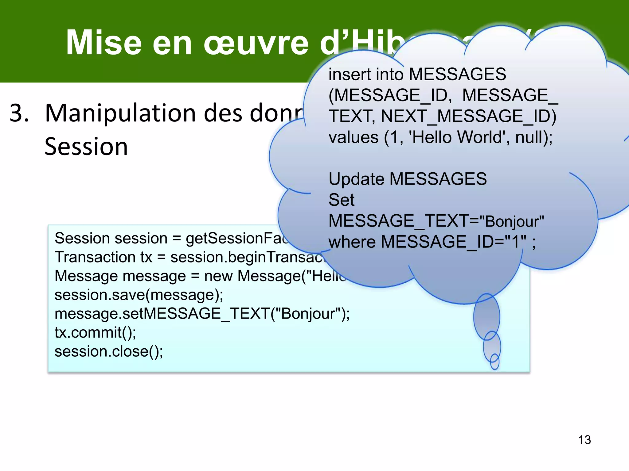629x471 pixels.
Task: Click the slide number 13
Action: (584, 440)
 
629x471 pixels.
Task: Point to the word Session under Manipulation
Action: (86, 147)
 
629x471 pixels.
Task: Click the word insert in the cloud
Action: (349, 75)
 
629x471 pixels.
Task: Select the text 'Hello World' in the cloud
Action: (456, 137)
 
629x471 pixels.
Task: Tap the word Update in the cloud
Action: (356, 179)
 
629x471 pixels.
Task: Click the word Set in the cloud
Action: (341, 200)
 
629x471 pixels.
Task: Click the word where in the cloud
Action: (352, 242)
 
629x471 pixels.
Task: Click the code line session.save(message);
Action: (139, 295)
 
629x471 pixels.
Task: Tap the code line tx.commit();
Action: (95, 332)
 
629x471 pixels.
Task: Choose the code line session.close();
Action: (109, 351)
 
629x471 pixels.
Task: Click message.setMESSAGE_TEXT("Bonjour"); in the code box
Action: (202, 314)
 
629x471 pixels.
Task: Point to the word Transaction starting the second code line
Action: (95, 257)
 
